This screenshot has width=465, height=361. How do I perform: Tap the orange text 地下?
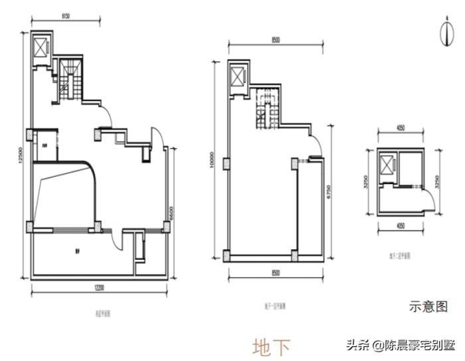(x=271, y=346)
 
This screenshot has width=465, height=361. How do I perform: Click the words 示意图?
(x=428, y=307)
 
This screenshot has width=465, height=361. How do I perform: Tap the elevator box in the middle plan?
(x=237, y=76)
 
